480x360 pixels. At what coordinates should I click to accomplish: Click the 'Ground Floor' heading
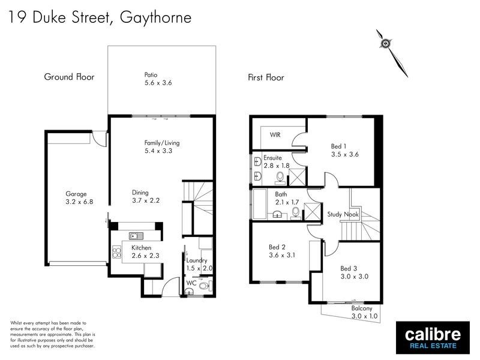pos(69,77)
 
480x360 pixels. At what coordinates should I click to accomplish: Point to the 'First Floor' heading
pos(266,77)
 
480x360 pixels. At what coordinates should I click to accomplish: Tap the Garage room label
pos(76,194)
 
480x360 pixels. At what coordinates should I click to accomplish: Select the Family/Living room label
pos(162,143)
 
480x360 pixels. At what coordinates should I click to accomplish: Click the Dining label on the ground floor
pos(140,193)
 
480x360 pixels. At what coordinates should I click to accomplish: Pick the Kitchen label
pos(142,248)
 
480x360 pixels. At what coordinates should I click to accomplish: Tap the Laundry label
pos(196,260)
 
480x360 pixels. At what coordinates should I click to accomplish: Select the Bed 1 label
pos(340,146)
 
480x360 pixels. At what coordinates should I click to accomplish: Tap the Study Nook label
pos(342,214)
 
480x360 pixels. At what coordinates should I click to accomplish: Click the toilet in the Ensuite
pos(280,176)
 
